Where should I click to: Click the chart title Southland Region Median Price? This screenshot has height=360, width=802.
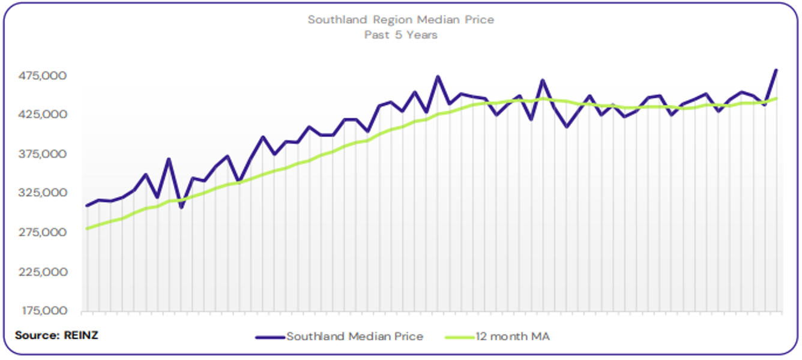400,20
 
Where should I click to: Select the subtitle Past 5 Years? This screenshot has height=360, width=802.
400,35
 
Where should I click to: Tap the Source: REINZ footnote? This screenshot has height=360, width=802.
56,335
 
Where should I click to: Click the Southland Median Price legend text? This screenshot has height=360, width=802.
354,337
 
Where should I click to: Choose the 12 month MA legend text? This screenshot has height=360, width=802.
512,337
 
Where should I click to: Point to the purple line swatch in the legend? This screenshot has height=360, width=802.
270,337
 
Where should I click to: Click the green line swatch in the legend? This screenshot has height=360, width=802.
459,337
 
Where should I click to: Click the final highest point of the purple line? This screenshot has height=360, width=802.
776,70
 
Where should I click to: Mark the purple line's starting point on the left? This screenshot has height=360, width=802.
87,206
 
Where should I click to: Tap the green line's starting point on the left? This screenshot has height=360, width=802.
87,229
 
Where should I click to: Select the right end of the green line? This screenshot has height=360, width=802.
776,98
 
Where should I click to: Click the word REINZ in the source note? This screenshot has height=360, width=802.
80,335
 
